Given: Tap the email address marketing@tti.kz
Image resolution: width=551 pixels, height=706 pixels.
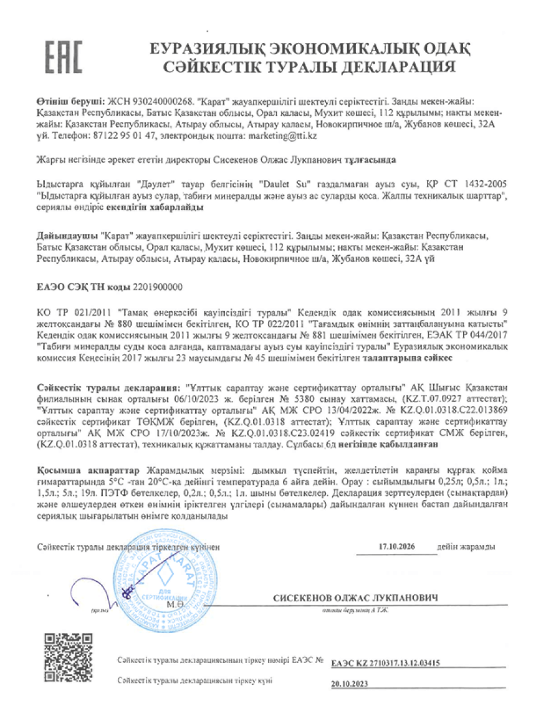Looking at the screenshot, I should point(282,135).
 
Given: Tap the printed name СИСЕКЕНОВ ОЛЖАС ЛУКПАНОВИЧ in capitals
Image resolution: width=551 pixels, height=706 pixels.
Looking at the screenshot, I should point(355,598).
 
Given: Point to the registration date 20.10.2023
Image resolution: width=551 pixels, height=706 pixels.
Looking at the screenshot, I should point(350,684).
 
